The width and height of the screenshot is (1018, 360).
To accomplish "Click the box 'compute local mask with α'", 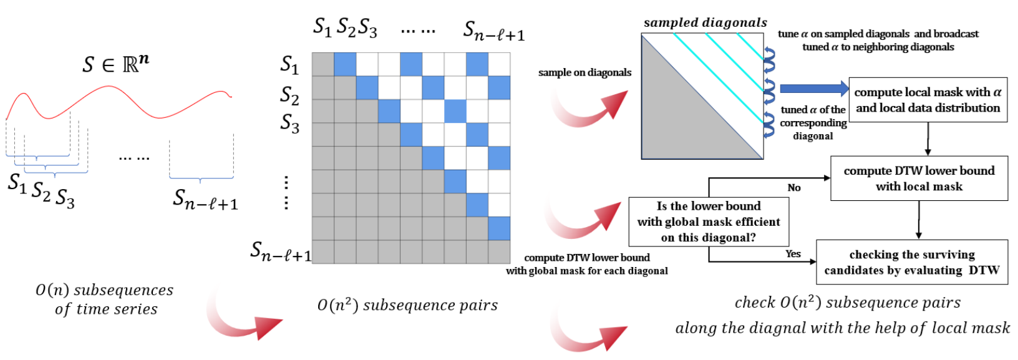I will pos(928,100).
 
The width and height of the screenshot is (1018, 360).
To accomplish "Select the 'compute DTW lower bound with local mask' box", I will pos(919,178).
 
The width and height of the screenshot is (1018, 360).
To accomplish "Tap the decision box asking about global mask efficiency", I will pos(709,221).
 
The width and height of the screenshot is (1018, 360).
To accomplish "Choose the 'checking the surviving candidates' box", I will pos(911,262).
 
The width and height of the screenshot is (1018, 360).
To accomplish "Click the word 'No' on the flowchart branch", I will pos(794,187).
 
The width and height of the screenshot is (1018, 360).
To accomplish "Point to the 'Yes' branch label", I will pos(793,253).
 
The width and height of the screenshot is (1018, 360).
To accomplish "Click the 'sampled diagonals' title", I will pos(705,23).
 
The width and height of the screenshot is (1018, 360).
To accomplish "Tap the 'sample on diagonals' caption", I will pos(584,72).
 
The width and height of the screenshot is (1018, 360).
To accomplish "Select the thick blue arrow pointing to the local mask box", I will pos(813,89).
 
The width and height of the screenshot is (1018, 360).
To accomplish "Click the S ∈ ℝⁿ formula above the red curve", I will pos(116,63).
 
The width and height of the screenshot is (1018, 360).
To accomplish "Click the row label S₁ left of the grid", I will pos(289,64).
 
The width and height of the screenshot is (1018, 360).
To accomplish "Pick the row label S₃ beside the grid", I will pos(289,123).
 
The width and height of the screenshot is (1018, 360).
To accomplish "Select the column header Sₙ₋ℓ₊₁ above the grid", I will pos(493,30).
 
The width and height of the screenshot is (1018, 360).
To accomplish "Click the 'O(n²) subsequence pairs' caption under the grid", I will pos(407,304).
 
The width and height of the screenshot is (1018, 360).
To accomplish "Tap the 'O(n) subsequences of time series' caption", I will pos(105,299).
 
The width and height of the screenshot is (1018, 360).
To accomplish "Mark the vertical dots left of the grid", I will pos(286,193).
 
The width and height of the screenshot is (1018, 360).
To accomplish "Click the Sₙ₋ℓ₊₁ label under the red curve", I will pos(205,199).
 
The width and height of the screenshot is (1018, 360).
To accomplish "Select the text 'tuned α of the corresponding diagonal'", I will pos(813,122).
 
